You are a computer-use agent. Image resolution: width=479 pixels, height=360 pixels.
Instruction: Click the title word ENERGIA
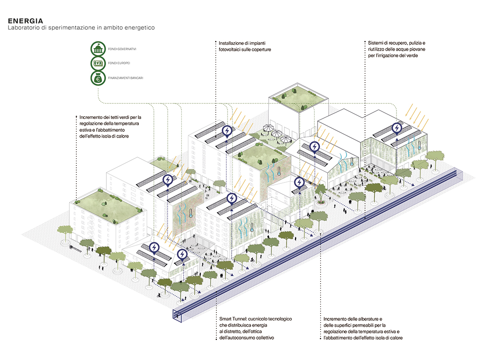(25, 21)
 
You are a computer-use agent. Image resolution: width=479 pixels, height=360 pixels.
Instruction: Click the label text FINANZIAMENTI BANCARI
(125, 78)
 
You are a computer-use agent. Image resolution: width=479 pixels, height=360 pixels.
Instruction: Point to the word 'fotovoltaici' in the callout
(233, 50)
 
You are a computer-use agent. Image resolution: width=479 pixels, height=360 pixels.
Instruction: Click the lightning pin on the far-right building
(397, 129)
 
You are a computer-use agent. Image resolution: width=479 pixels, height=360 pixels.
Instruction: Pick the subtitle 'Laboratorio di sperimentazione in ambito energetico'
(81, 28)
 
